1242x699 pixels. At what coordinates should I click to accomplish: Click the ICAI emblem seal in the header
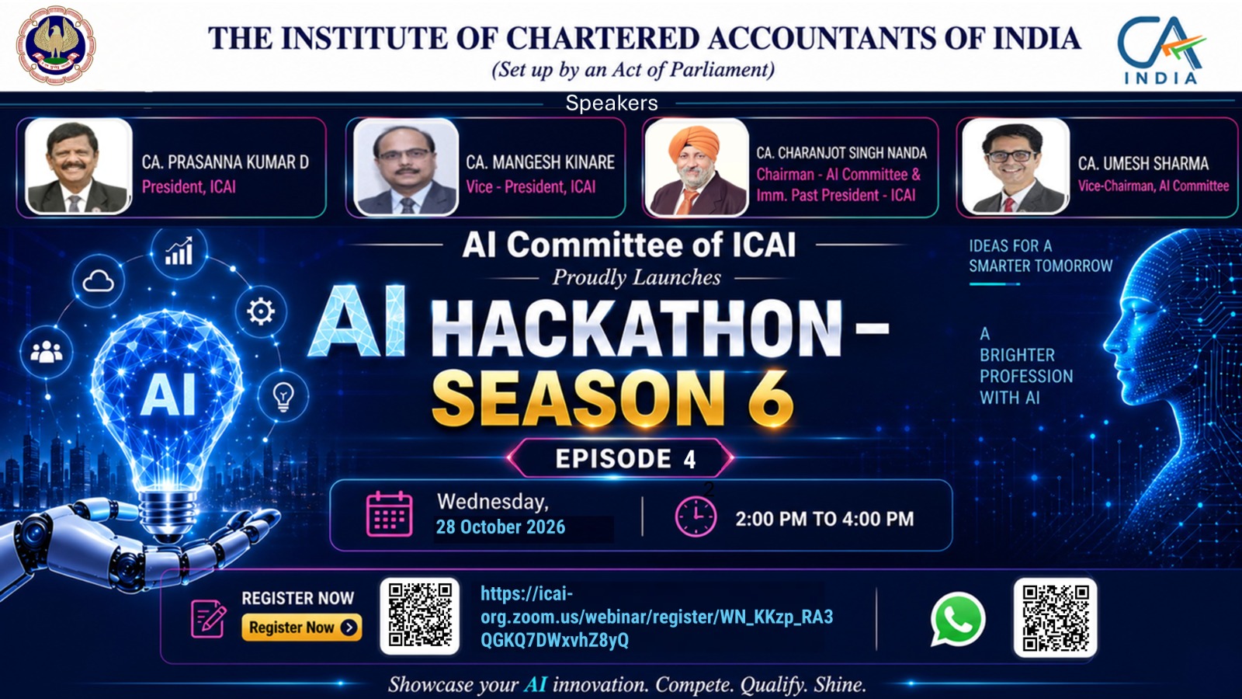pos(55,46)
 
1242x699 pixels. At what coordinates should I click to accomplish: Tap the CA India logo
pos(1161,50)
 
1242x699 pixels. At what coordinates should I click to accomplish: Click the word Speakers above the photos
pos(612,103)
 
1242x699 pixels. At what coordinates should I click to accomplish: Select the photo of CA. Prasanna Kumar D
pos(78,166)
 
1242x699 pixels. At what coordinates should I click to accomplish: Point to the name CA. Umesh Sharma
pos(1143,163)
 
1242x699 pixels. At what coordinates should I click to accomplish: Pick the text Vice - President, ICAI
pos(531,187)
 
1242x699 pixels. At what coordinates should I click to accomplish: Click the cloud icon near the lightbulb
pos(98,281)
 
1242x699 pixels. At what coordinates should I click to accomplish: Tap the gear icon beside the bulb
pos(261,311)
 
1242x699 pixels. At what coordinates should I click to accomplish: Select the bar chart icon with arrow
pos(179,252)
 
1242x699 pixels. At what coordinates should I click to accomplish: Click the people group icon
pos(46,352)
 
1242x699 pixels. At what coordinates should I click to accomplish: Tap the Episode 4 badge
pos(621,458)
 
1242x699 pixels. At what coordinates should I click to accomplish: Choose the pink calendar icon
pos(389,513)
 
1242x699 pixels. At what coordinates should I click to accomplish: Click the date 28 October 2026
pos(500,527)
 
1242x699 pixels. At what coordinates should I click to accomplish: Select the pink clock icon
pos(696,516)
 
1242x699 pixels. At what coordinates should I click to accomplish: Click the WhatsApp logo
pos(958,619)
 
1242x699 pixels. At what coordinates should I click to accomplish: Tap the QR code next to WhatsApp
pos(1055,617)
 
